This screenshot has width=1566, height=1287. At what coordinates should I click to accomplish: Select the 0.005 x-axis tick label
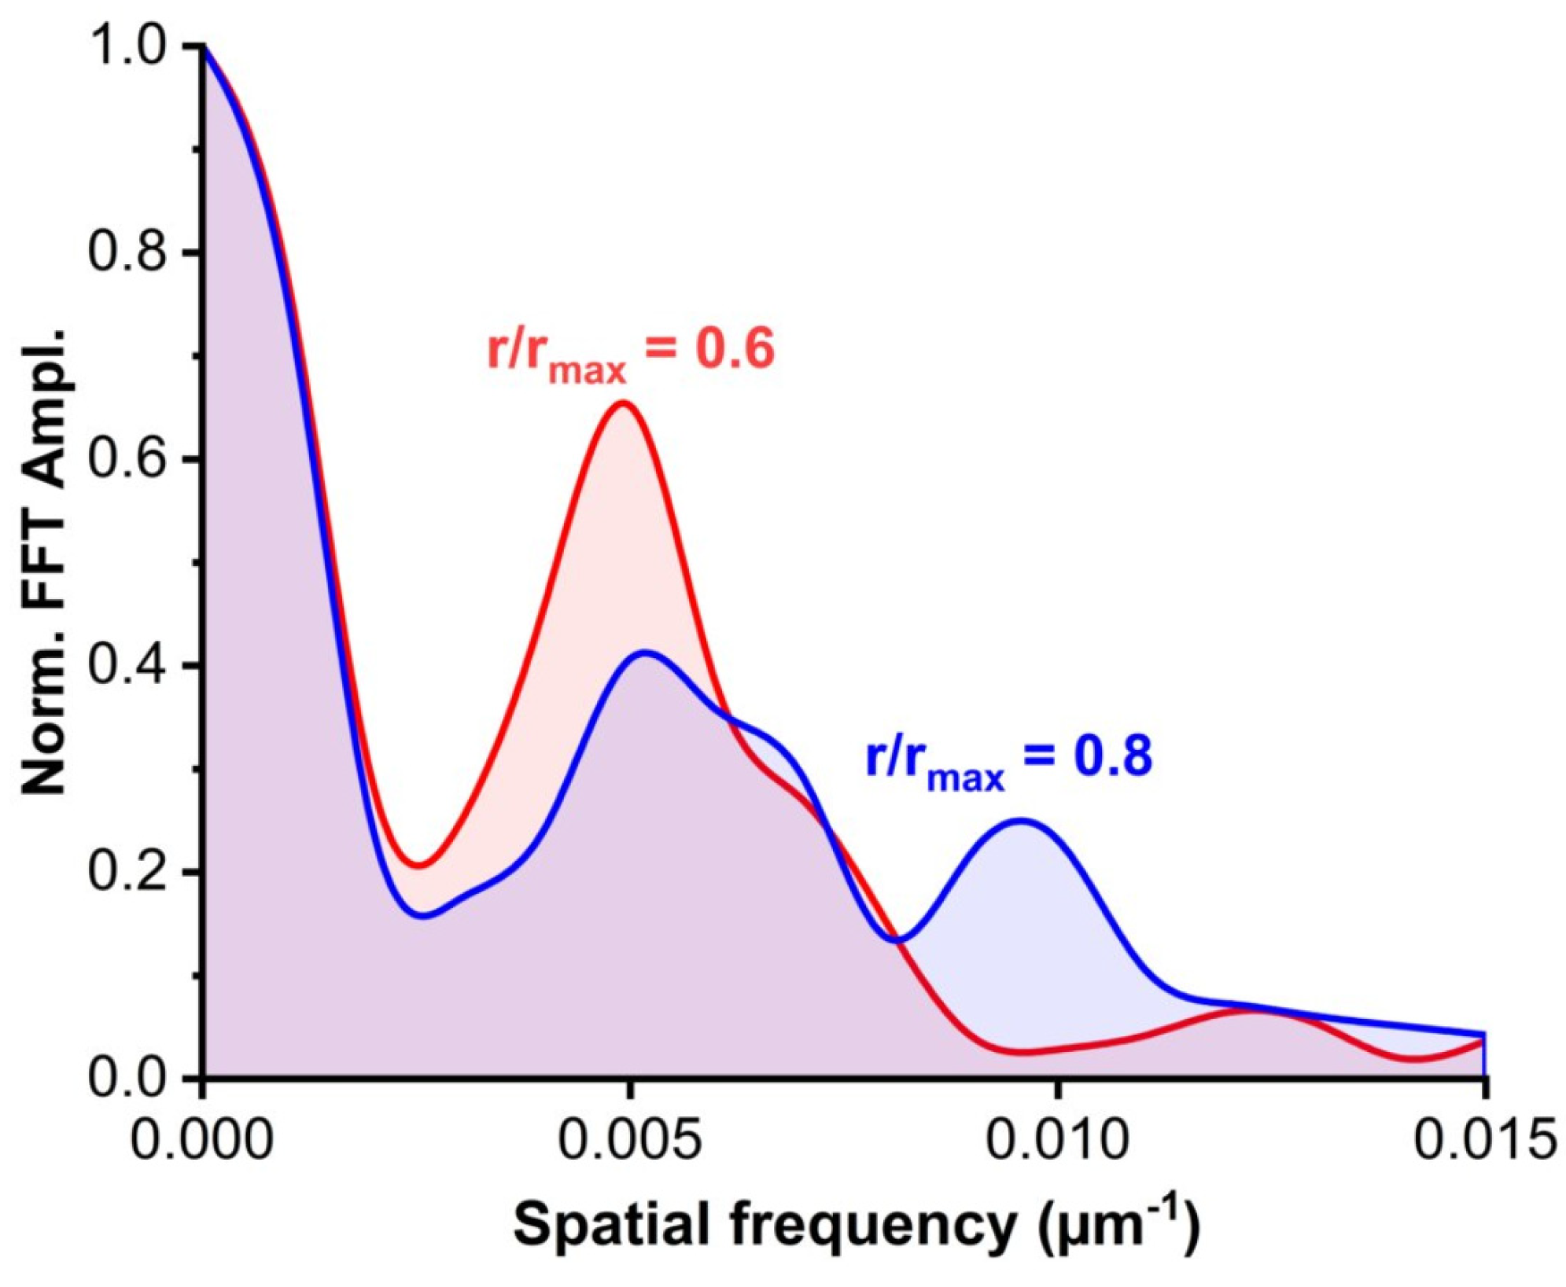(x=628, y=1141)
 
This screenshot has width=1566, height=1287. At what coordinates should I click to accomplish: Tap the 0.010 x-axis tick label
(x=1057, y=1141)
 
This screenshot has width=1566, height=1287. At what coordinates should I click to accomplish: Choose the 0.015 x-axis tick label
(x=1483, y=1141)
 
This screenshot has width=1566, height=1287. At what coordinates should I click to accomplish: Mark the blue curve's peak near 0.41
(x=645, y=652)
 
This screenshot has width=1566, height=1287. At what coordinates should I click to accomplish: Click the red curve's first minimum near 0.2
(x=420, y=866)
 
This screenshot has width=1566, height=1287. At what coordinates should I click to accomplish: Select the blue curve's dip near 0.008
(x=897, y=940)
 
